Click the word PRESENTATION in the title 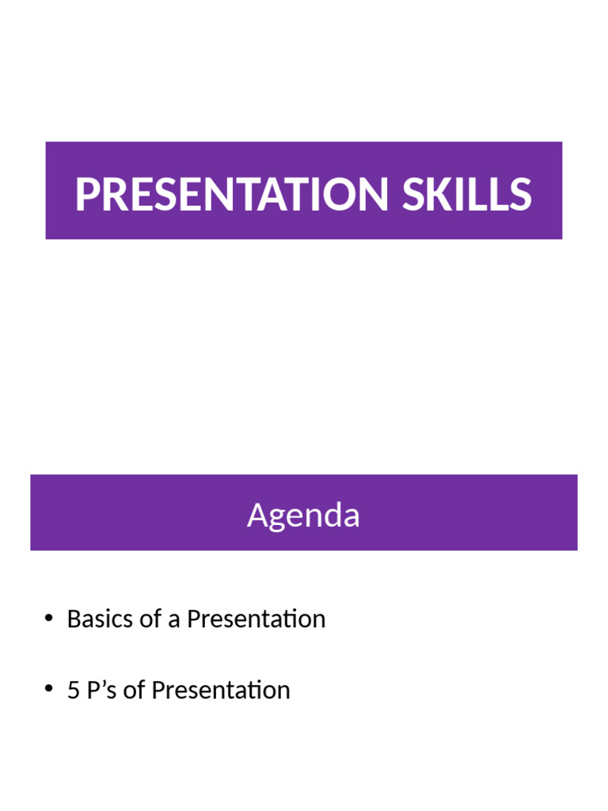pos(233,194)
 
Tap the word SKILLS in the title pos(466,194)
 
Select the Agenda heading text pos(303,516)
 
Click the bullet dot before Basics pos(49,619)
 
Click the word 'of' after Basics pos(150,619)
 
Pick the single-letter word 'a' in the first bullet pos(174,619)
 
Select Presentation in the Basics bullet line pos(256,619)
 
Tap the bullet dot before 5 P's pos(49,690)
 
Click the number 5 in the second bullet pos(74,690)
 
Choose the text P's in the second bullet pos(102,690)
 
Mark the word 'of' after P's pos(135,690)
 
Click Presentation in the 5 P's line pos(221,690)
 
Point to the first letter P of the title pos(85,194)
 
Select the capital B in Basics pos(74,619)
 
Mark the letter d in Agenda pos(332,516)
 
